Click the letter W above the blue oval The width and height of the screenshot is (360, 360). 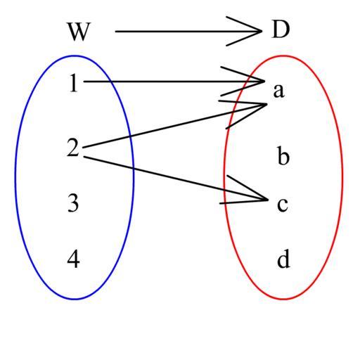point(79,32)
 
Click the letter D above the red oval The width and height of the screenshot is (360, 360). point(281,30)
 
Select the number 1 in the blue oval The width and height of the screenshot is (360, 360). point(74,83)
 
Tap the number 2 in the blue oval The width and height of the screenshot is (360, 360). point(73,148)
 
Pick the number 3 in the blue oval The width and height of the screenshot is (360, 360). point(73,203)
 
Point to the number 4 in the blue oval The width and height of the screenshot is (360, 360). point(73,259)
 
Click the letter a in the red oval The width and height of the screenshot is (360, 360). point(279,91)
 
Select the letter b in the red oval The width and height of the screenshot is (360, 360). point(283,155)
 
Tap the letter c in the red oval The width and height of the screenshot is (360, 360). point(283,205)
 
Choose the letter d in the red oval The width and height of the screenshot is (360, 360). point(283,259)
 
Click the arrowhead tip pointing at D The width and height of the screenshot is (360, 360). point(262,31)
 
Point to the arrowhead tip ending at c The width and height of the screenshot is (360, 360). point(268,200)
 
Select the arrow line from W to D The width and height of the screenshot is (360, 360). point(188,31)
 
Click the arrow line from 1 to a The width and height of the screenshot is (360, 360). point(174,82)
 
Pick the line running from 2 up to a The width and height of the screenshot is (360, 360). point(174,126)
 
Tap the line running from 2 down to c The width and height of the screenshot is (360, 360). point(176,178)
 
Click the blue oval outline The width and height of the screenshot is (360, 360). point(15,177)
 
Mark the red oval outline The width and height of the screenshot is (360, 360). point(343,177)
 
